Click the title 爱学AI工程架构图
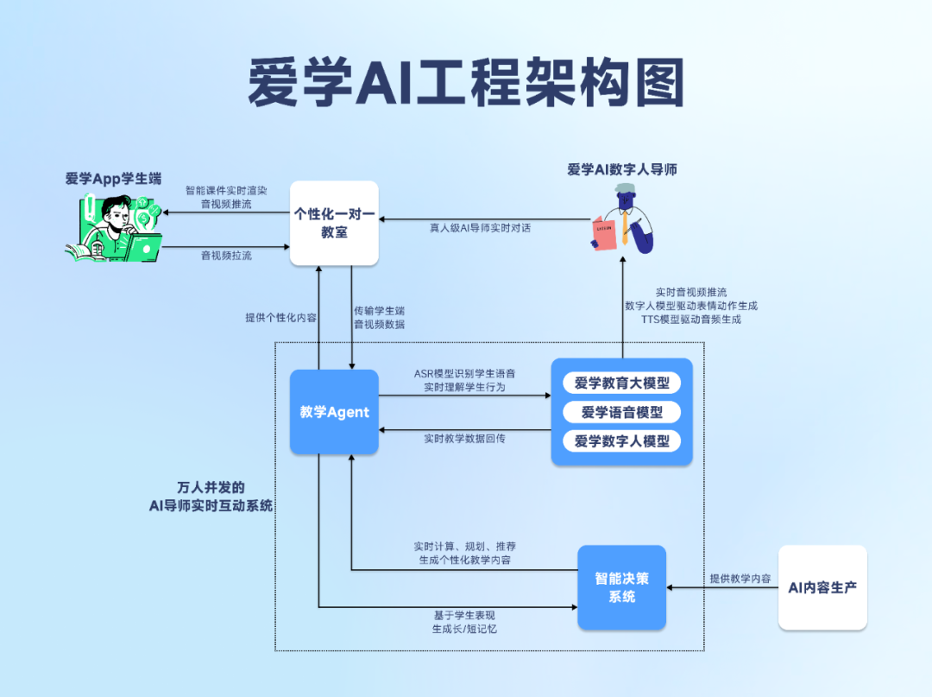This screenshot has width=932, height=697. (466, 83)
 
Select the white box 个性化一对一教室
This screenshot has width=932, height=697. (334, 223)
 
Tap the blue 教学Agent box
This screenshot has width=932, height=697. (334, 412)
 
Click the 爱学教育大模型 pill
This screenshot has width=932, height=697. (621, 383)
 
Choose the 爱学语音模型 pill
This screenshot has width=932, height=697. (621, 412)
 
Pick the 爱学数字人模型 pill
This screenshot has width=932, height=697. (621, 441)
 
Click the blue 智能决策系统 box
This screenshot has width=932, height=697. (621, 587)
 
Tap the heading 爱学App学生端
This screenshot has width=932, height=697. (113, 179)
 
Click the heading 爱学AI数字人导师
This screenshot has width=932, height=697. (621, 169)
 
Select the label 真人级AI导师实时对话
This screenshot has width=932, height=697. (481, 229)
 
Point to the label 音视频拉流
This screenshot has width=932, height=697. (226, 256)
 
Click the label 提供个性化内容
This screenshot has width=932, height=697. (280, 317)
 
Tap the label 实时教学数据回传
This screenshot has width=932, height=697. (464, 439)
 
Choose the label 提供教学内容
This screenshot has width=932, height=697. (740, 579)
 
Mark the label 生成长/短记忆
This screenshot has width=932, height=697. (464, 629)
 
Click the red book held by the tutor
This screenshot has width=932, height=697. (604, 232)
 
